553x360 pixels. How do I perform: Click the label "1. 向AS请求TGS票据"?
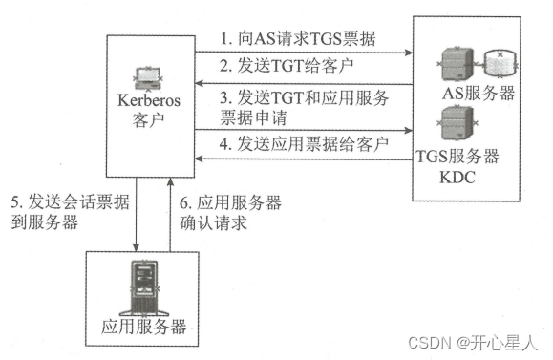[x=299, y=40]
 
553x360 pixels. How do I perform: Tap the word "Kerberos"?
[x=148, y=99]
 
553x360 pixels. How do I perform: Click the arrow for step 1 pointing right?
[x=401, y=53]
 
